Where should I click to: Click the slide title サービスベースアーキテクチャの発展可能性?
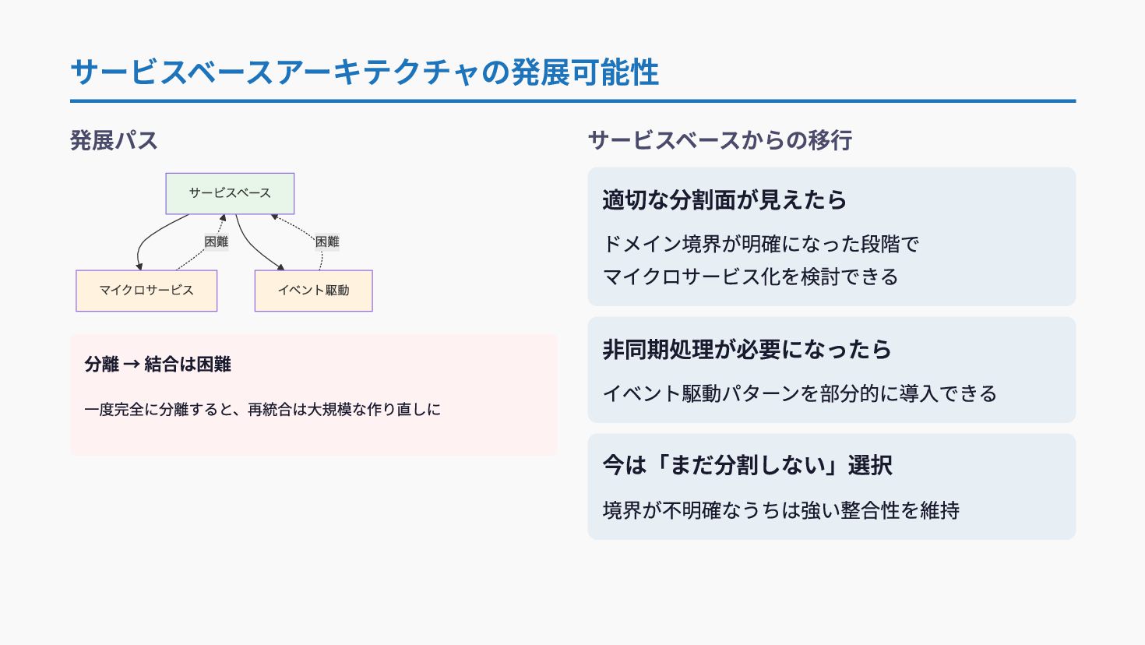pyautogui.click(x=365, y=72)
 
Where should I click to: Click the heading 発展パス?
pyautogui.click(x=114, y=141)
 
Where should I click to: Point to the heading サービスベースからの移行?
pyautogui.click(x=720, y=141)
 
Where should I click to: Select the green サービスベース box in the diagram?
pyautogui.click(x=230, y=193)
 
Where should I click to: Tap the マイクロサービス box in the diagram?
pyautogui.click(x=146, y=291)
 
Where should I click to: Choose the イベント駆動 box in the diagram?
pyautogui.click(x=313, y=291)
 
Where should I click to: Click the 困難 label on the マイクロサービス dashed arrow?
pyautogui.click(x=217, y=242)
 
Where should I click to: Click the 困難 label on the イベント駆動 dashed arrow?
pyautogui.click(x=327, y=242)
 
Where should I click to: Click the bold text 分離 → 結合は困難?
pyautogui.click(x=158, y=365)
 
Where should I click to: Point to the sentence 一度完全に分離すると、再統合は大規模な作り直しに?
pyautogui.click(x=262, y=410)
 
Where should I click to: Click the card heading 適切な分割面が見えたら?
pyautogui.click(x=724, y=200)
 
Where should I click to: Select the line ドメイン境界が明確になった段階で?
pyautogui.click(x=761, y=244)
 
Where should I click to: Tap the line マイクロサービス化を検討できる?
pyautogui.click(x=751, y=277)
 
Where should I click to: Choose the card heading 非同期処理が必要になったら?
pyautogui.click(x=747, y=350)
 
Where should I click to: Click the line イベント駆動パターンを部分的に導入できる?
pyautogui.click(x=800, y=394)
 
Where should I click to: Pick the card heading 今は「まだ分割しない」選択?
pyautogui.click(x=748, y=466)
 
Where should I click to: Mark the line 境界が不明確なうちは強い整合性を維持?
pyautogui.click(x=781, y=511)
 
